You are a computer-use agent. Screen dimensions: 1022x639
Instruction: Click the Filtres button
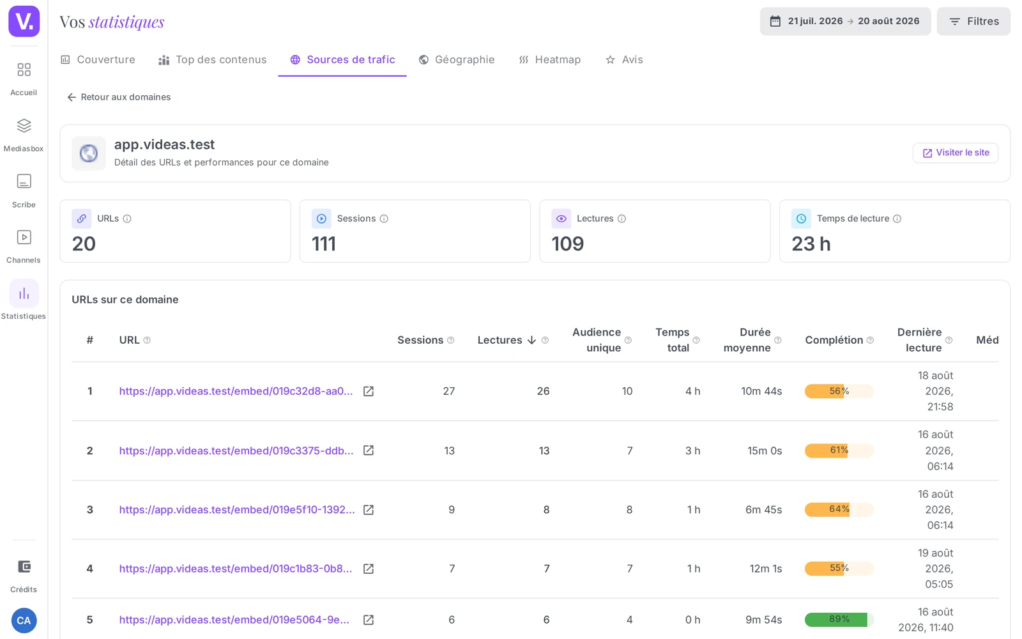click(x=973, y=22)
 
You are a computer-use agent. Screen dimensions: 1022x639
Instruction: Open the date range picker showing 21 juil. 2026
click(x=845, y=22)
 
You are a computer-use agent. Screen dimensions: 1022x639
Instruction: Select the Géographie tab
click(x=457, y=60)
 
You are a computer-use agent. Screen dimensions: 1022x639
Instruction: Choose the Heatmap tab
click(x=550, y=60)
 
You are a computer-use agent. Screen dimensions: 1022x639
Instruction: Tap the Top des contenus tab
click(x=212, y=60)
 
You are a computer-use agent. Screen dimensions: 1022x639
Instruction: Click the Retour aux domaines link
click(x=119, y=97)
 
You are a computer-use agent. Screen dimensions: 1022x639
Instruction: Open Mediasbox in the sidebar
click(x=24, y=135)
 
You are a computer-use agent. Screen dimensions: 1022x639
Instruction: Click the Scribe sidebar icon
click(x=24, y=181)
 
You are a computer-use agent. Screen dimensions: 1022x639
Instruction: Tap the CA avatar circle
click(x=24, y=620)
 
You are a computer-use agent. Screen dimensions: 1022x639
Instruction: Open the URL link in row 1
click(x=236, y=391)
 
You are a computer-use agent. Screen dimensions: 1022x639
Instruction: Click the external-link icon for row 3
click(x=368, y=510)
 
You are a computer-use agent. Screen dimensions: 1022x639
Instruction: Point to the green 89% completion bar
click(x=839, y=619)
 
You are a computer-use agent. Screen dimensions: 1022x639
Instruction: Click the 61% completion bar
click(x=839, y=450)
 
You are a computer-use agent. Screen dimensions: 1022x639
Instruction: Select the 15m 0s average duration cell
click(x=765, y=450)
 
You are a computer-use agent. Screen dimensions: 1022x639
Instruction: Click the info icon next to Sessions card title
click(x=384, y=219)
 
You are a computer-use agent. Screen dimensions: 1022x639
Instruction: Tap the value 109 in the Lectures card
click(x=568, y=243)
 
